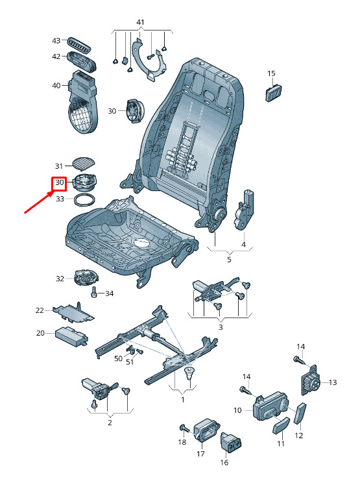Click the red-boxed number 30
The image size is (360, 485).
[60, 182]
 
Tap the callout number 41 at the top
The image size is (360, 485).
[140, 22]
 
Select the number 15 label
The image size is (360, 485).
[271, 73]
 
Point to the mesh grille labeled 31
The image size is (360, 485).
[84, 164]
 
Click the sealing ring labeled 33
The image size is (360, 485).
[84, 199]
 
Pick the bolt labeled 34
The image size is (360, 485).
[94, 292]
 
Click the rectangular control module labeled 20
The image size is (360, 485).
[72, 335]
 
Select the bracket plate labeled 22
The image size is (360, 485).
[73, 312]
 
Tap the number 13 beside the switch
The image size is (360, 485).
[333, 382]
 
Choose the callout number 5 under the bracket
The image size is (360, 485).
[229, 260]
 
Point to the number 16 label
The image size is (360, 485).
[224, 462]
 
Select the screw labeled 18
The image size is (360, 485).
[184, 429]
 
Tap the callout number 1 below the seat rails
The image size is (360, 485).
[183, 400]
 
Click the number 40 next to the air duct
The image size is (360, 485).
[56, 85]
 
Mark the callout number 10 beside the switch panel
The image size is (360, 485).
[237, 410]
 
